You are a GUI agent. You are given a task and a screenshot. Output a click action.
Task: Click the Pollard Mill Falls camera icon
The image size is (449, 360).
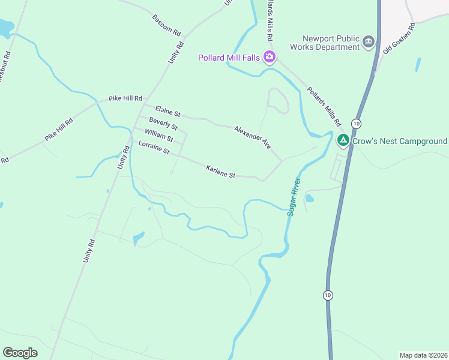(270, 57)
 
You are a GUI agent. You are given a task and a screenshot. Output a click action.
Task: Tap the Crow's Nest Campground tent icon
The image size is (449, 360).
(343, 141)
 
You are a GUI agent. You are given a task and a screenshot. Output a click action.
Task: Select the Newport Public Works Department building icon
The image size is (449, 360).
(368, 42)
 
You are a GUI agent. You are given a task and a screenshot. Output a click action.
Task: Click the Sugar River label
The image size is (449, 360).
(294, 197)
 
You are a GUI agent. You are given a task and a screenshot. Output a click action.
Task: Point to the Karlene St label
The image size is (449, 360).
(220, 171)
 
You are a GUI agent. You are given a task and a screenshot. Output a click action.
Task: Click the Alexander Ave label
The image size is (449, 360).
(253, 137)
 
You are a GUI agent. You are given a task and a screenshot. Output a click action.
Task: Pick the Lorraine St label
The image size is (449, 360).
(154, 148)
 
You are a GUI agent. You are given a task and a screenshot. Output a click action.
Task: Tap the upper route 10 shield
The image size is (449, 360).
(356, 123)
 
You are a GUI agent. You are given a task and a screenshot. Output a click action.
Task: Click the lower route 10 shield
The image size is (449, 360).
(327, 295)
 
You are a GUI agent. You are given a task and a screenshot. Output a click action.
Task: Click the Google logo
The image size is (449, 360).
(20, 353)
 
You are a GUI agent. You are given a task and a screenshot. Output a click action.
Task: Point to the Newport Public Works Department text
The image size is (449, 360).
(324, 42)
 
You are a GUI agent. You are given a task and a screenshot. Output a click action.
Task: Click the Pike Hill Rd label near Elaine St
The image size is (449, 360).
(125, 98)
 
